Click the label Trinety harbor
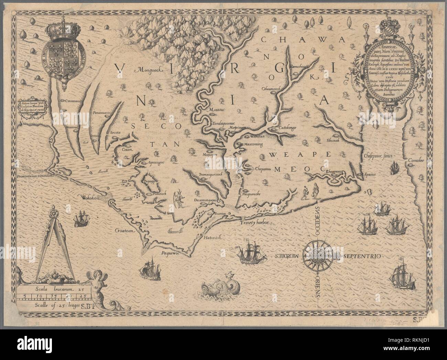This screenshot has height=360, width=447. [256, 223]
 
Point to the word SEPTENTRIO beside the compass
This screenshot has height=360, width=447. [359, 256]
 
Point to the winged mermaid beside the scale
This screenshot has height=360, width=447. [95, 286]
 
